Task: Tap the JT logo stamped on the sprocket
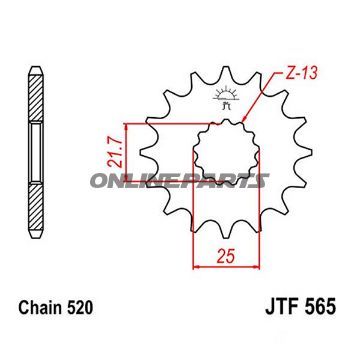click(221, 99)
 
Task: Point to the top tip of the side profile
click(35, 62)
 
